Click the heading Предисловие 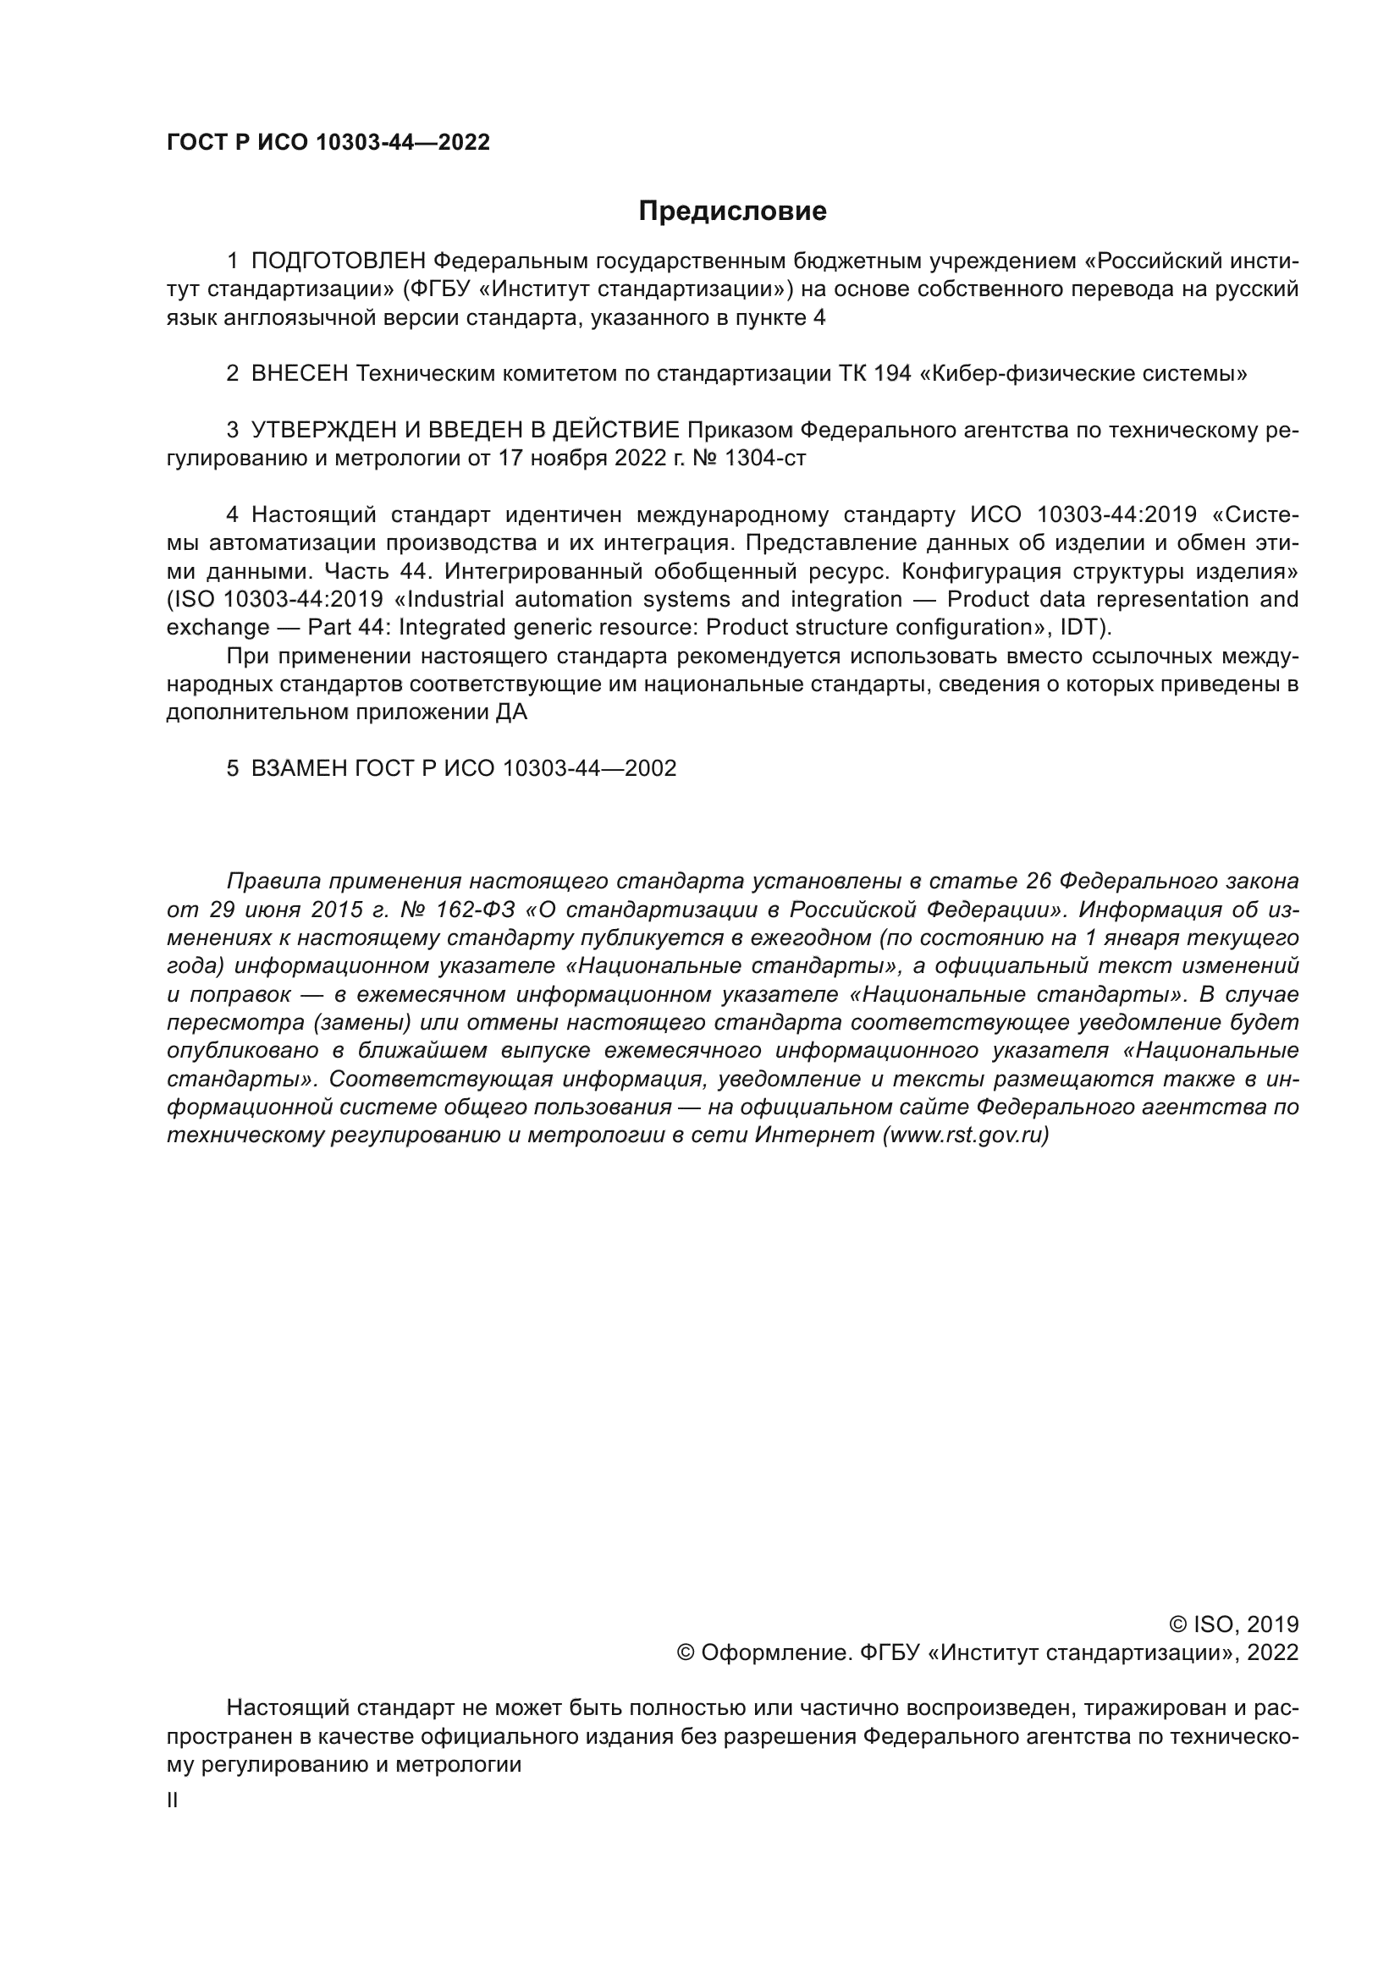732,212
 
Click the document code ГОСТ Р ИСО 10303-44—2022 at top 328,142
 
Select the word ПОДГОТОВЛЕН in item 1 338,261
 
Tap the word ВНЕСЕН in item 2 299,373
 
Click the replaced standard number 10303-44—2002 589,768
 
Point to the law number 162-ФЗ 471,910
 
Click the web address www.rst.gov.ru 965,1135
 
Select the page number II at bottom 173,1800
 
